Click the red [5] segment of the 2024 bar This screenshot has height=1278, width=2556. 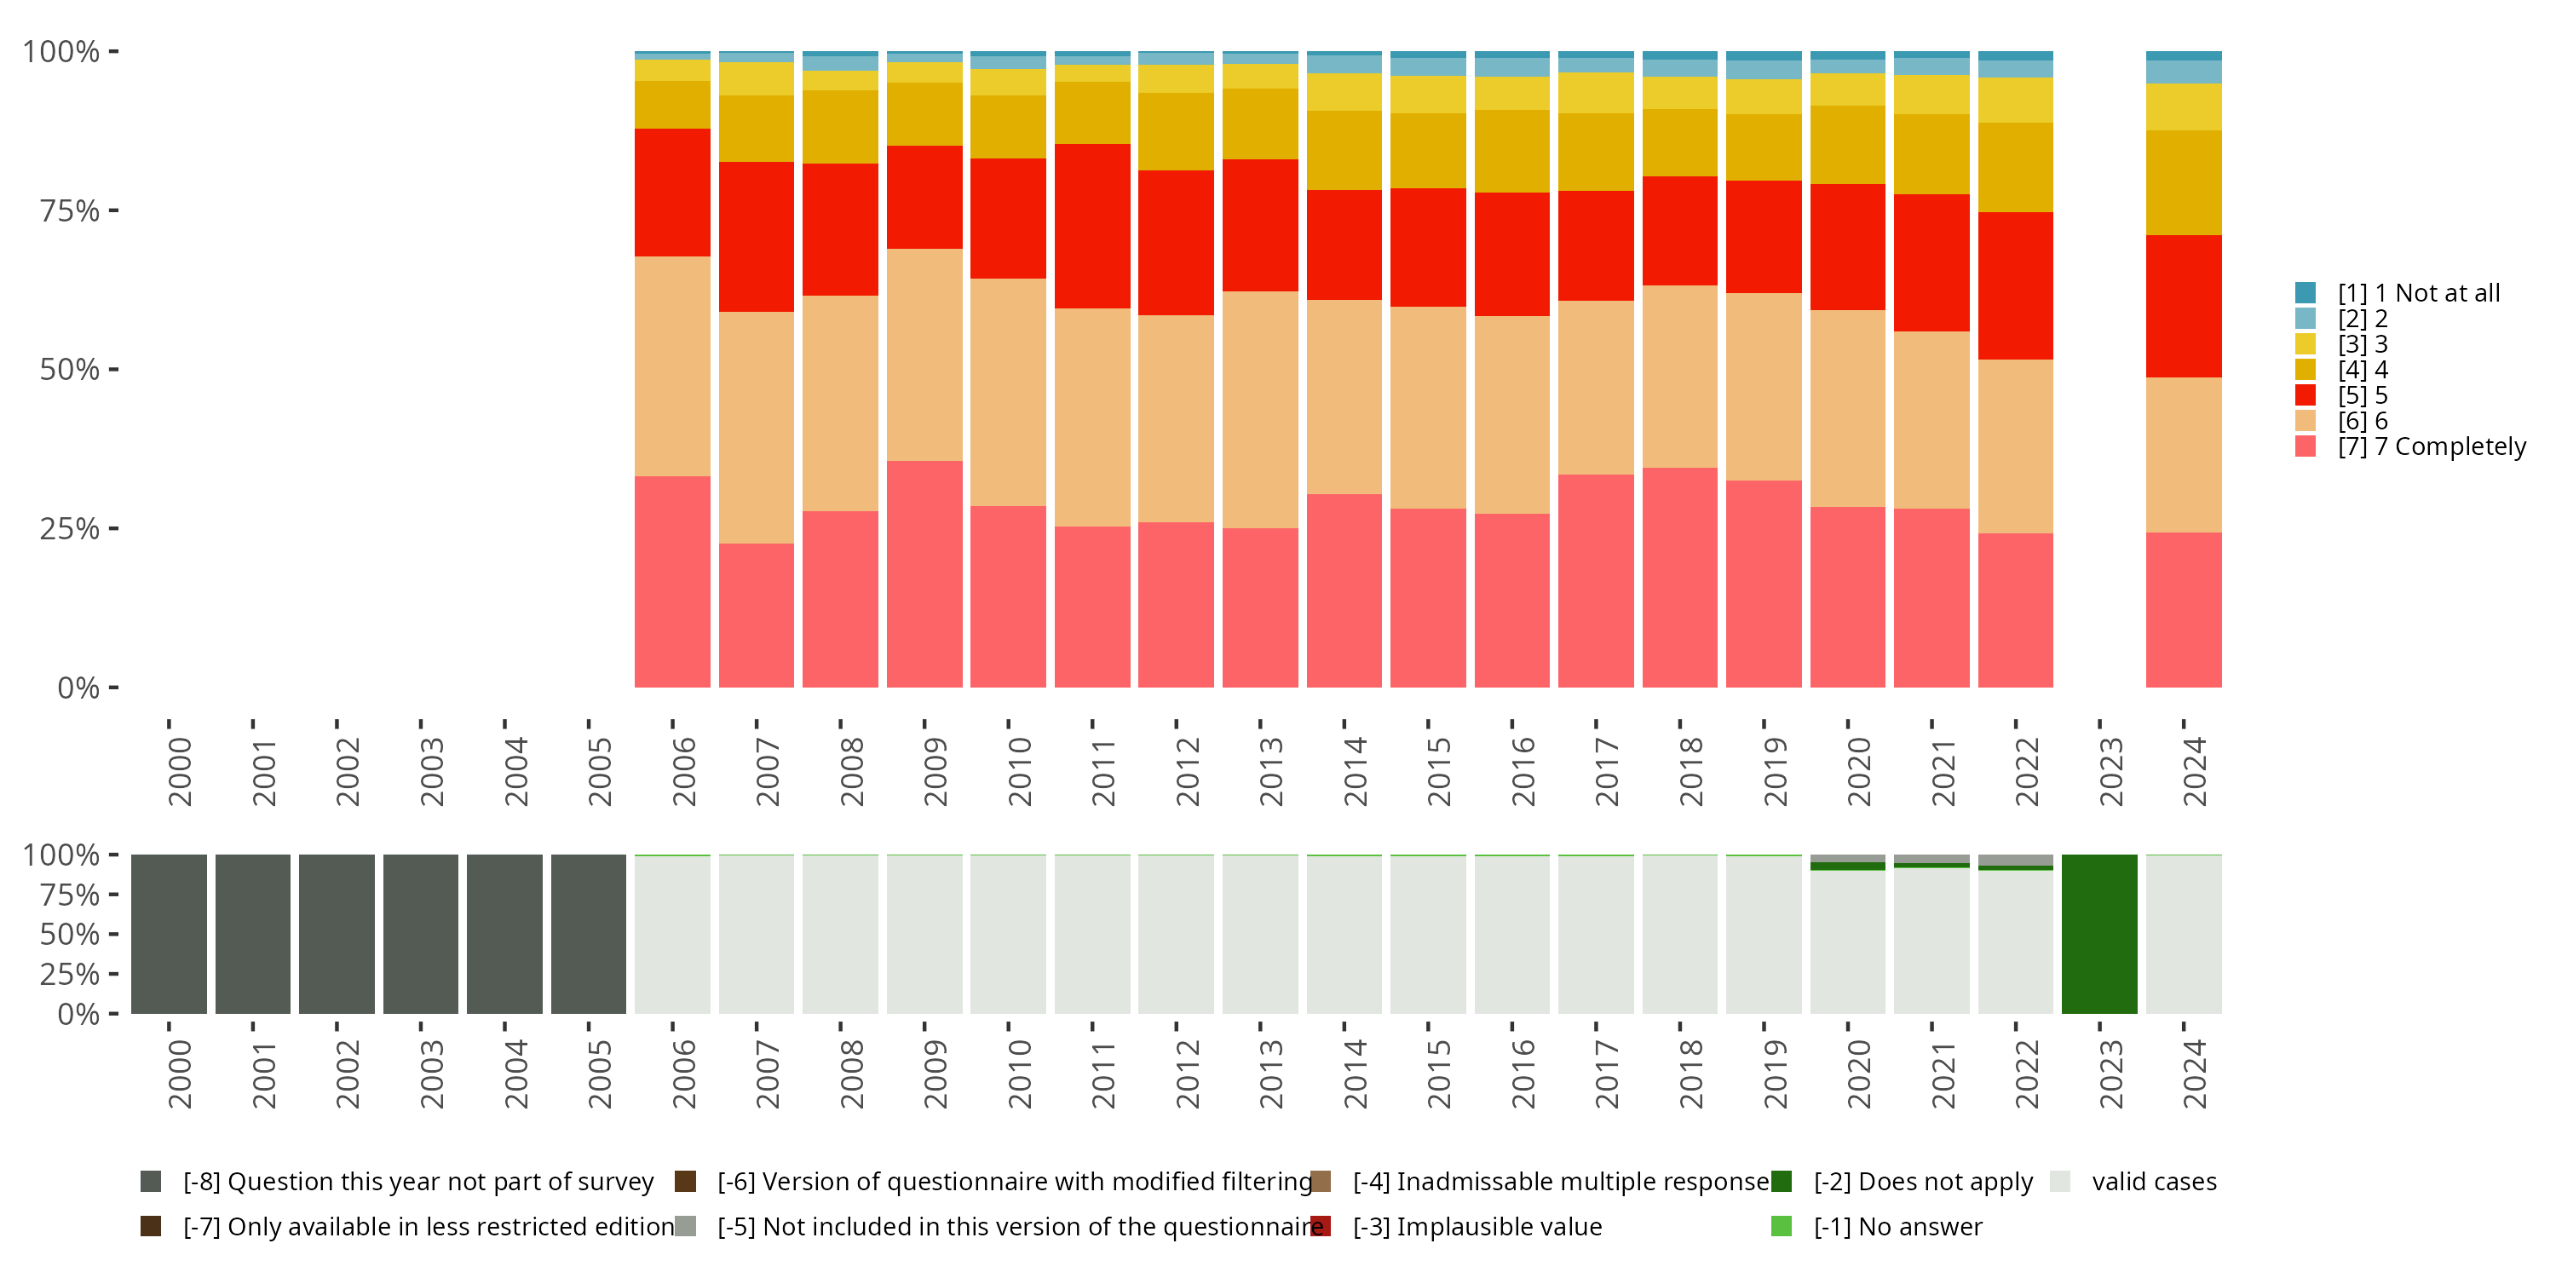pos(2183,306)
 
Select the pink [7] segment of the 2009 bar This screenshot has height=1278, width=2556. pos(924,573)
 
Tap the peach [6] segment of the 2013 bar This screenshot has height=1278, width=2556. pos(1259,409)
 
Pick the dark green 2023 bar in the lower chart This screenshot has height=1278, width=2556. pos(2098,934)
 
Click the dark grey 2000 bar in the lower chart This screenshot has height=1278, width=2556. pos(169,934)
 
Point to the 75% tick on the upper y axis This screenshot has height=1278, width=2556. pos(113,210)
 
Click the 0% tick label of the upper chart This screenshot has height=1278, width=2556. pos(78,688)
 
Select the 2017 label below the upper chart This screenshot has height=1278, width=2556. pos(1606,772)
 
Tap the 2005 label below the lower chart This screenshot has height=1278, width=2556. pos(599,1074)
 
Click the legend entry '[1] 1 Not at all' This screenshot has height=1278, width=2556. pos(2418,293)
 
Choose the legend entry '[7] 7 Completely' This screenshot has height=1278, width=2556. pos(2431,446)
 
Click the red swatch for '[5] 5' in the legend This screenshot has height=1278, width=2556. pos(2305,395)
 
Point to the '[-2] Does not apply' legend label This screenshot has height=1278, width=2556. pos(1923,1182)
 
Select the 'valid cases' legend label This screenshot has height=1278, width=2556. pos(2153,1182)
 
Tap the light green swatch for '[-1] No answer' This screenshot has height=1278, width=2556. pos(1781,1226)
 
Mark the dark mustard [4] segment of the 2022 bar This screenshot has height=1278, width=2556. pos(2015,167)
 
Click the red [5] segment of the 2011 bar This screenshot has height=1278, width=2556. pos(1091,227)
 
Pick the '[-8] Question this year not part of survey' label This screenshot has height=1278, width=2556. pos(417,1182)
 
